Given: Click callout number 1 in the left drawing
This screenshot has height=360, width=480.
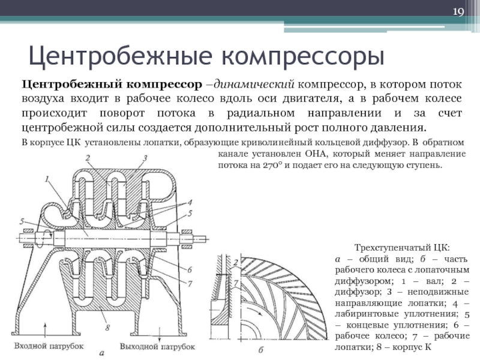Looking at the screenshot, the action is [x=47, y=178].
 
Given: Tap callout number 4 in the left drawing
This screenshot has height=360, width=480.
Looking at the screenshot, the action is [x=190, y=202].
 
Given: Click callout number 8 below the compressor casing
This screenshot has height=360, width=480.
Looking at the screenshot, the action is [x=107, y=328].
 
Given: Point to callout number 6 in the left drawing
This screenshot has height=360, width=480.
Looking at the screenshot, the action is [x=190, y=270].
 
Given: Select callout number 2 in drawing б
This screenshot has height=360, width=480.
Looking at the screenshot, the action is [x=236, y=263].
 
